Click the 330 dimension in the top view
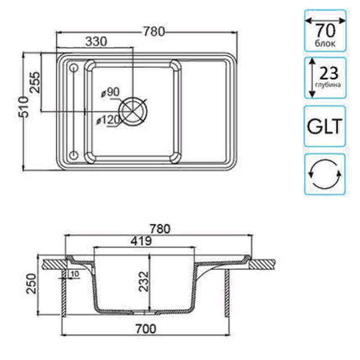(96, 42)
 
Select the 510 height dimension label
(24, 107)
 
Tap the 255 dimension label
(35, 82)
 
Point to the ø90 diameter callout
(110, 92)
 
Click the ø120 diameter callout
(108, 120)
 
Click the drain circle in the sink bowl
(133, 111)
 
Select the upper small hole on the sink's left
(74, 68)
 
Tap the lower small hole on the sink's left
(74, 155)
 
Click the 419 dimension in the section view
(141, 241)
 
